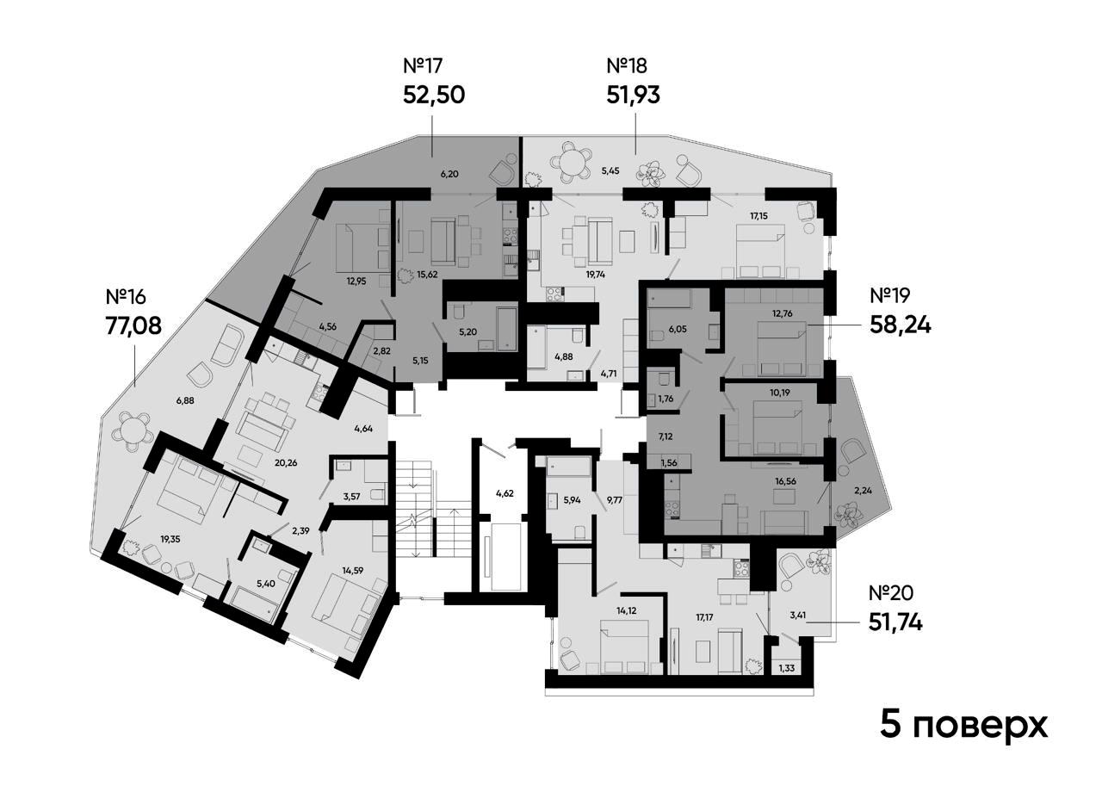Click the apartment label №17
[x=423, y=65]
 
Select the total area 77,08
[x=133, y=325]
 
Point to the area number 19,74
[x=595, y=275]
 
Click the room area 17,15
[x=758, y=215]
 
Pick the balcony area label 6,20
[x=449, y=174]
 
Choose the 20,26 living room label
[x=286, y=463]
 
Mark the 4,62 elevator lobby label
[x=505, y=493]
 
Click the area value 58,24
[x=901, y=325]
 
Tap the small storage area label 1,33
[x=786, y=668]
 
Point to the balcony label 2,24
[x=864, y=490]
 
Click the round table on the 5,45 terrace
[x=570, y=162]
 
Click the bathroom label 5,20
[x=467, y=332]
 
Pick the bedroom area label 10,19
[x=780, y=393]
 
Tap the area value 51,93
[x=633, y=95]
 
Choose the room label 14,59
[x=353, y=571]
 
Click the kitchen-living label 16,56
[x=786, y=481]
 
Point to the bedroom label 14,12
[x=626, y=611]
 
